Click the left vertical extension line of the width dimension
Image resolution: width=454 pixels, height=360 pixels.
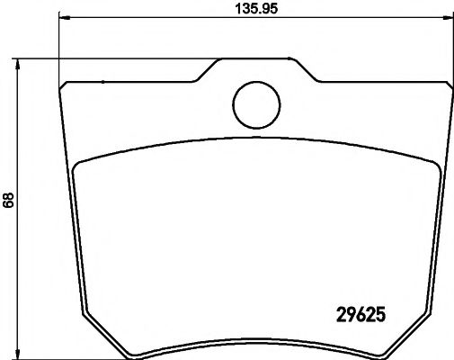pyautogui.click(x=59, y=45)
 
